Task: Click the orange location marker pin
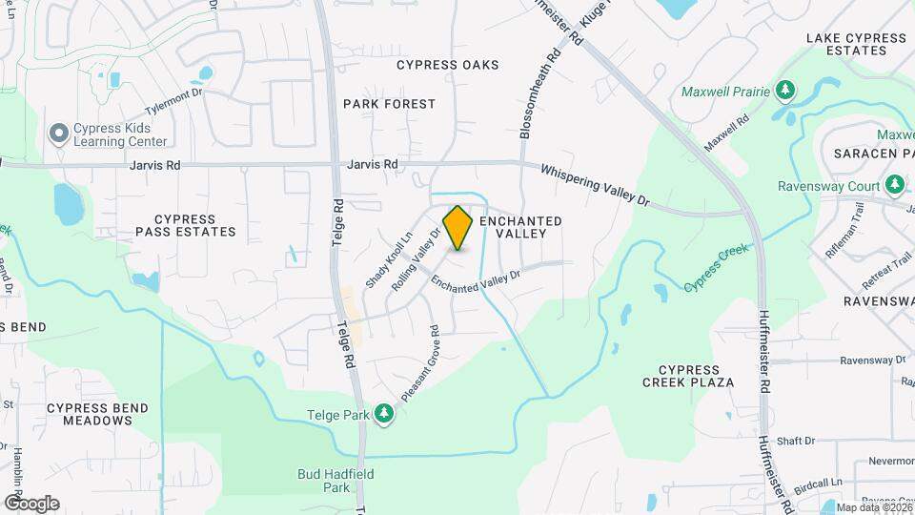(457, 228)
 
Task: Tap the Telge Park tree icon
(383, 413)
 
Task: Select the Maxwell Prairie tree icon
(785, 92)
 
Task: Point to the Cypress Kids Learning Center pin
(59, 134)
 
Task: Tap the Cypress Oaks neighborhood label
(447, 65)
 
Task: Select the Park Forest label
(389, 103)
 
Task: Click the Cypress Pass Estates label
(185, 225)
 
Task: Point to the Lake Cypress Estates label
(856, 45)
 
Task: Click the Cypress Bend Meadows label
(97, 414)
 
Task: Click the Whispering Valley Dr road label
(595, 185)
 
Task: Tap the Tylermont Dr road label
(174, 99)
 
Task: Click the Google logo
(30, 503)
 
